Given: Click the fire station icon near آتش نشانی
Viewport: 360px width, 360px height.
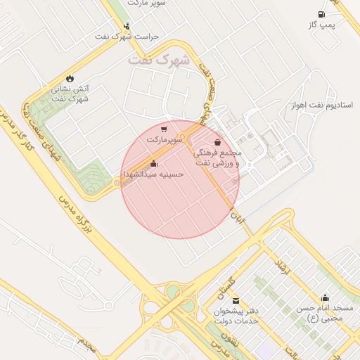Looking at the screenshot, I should coord(70,78).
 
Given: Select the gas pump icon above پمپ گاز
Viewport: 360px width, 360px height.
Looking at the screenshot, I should coord(321,15).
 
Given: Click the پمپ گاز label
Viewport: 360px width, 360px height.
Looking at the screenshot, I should coord(322,25).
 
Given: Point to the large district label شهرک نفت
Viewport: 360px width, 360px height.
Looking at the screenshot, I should coord(160,61).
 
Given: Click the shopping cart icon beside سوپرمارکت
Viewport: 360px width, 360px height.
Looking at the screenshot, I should coord(164,129).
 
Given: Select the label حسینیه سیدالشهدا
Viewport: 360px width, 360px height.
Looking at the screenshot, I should coord(153,173).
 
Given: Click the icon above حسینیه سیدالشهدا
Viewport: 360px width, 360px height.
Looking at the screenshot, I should coord(153,163).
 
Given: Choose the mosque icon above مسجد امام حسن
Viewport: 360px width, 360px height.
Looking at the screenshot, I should coord(324,298).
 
